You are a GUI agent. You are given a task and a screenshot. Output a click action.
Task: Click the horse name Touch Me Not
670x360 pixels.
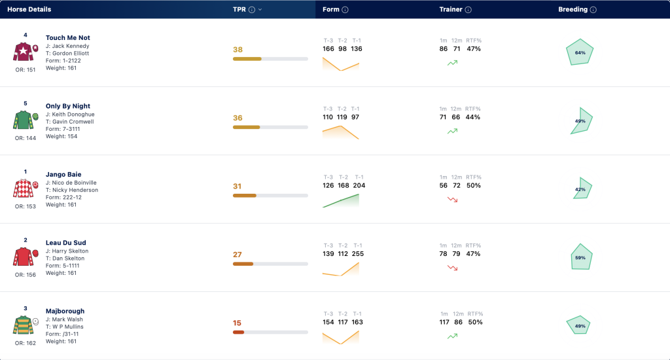pos(68,37)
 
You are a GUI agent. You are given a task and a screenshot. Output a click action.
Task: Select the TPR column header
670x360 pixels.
pos(239,9)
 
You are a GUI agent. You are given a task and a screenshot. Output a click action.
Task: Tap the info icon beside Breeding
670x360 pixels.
pos(593,10)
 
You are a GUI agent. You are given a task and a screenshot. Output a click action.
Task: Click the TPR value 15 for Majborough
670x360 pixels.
pos(237,323)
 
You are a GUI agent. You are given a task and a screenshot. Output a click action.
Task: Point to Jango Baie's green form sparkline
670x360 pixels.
pos(341,200)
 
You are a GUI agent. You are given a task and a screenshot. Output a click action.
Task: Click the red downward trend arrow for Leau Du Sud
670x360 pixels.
pos(453,268)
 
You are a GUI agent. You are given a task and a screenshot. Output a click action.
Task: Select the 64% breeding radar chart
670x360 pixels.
pos(580,52)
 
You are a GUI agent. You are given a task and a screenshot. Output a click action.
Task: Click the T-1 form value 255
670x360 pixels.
pos(358,253)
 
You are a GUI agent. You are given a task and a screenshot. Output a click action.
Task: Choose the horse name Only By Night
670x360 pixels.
pos(68,106)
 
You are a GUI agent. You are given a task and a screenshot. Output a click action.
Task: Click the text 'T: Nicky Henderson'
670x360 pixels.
pos(72,190)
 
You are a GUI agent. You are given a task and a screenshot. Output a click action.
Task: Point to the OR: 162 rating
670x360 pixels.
pos(26,343)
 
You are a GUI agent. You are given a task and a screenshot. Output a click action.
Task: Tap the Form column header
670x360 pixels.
pos(330,9)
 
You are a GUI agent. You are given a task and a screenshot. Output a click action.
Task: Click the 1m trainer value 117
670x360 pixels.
pos(444,322)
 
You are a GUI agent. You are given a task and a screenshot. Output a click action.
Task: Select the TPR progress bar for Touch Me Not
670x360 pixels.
pos(270,59)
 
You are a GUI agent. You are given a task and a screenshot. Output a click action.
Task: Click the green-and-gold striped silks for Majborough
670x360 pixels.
pos(24,325)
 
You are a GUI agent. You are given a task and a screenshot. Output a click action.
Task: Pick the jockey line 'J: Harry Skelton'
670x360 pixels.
pos(67,251)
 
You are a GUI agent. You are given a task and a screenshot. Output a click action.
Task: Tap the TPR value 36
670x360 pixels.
pos(238,118)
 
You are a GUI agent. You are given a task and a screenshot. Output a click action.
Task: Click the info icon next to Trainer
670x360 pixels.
pos(468,10)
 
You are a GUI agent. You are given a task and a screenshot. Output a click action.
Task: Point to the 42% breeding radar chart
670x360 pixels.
pos(582,189)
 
